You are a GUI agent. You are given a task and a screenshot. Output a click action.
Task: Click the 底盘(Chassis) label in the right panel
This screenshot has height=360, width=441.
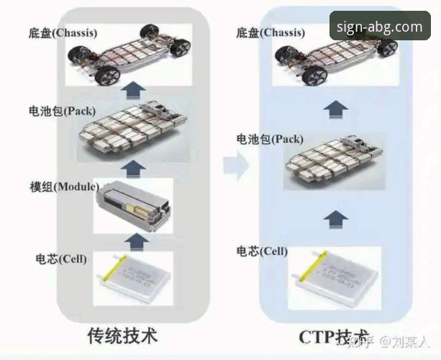(x=268, y=32)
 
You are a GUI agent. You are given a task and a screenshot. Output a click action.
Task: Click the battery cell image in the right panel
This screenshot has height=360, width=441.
(x=333, y=276)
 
